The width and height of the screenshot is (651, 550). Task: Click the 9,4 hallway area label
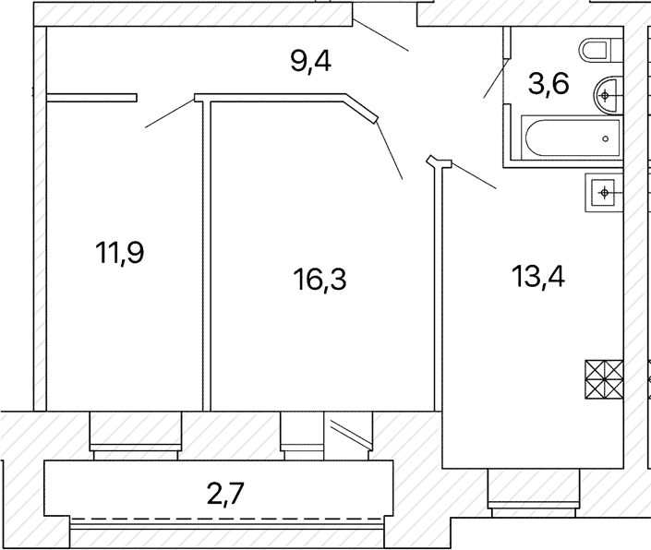(310, 63)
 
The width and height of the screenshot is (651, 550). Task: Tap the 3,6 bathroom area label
(549, 84)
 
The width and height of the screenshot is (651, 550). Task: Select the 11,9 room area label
(119, 253)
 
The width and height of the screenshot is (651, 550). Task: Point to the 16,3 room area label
(319, 279)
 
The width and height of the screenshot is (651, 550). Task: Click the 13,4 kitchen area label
(538, 276)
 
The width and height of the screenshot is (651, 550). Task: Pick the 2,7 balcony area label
(226, 494)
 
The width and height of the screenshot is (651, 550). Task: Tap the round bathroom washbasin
(609, 95)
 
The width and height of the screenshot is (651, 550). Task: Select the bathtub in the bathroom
(573, 138)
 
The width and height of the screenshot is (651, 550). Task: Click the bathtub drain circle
(606, 139)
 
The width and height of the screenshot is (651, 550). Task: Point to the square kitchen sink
(604, 193)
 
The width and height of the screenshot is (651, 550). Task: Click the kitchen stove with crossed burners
(604, 379)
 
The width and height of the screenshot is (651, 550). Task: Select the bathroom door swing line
(496, 78)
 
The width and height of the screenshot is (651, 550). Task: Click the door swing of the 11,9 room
(170, 114)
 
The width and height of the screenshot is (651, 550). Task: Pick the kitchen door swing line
(474, 176)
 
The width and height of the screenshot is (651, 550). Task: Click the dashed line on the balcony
(226, 519)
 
